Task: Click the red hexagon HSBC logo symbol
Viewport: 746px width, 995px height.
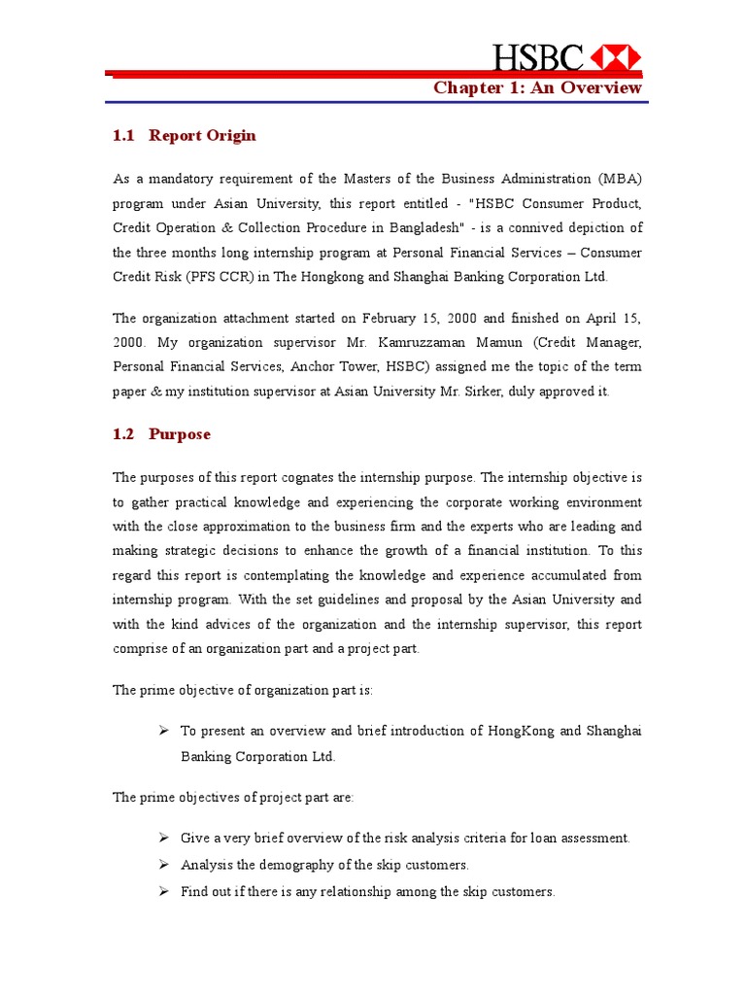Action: [617, 57]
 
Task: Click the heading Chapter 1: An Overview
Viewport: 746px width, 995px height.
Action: [537, 88]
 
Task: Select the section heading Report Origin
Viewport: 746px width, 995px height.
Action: [202, 136]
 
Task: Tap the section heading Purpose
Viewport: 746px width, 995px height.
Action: [179, 434]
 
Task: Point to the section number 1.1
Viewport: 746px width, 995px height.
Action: [123, 136]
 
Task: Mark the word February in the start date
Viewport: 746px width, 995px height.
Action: [395, 318]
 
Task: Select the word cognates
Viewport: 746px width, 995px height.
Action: [297, 477]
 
